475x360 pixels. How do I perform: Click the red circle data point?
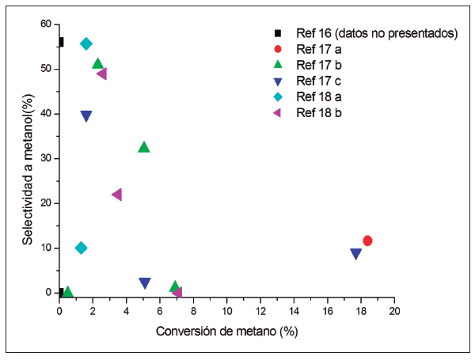coord(367,241)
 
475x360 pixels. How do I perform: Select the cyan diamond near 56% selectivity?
coord(86,44)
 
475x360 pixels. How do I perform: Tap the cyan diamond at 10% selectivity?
coord(81,248)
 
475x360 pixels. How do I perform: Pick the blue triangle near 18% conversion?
coord(356,254)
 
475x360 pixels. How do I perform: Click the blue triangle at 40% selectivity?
coord(86,116)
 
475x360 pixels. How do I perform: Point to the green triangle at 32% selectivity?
coord(144,147)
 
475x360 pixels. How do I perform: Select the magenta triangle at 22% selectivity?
coord(117,195)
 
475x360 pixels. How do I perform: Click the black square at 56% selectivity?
coord(60,42)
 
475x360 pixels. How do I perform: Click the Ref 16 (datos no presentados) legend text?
coord(377,33)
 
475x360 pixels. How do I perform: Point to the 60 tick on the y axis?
coord(46,25)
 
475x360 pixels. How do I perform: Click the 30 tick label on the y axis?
coord(46,158)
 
